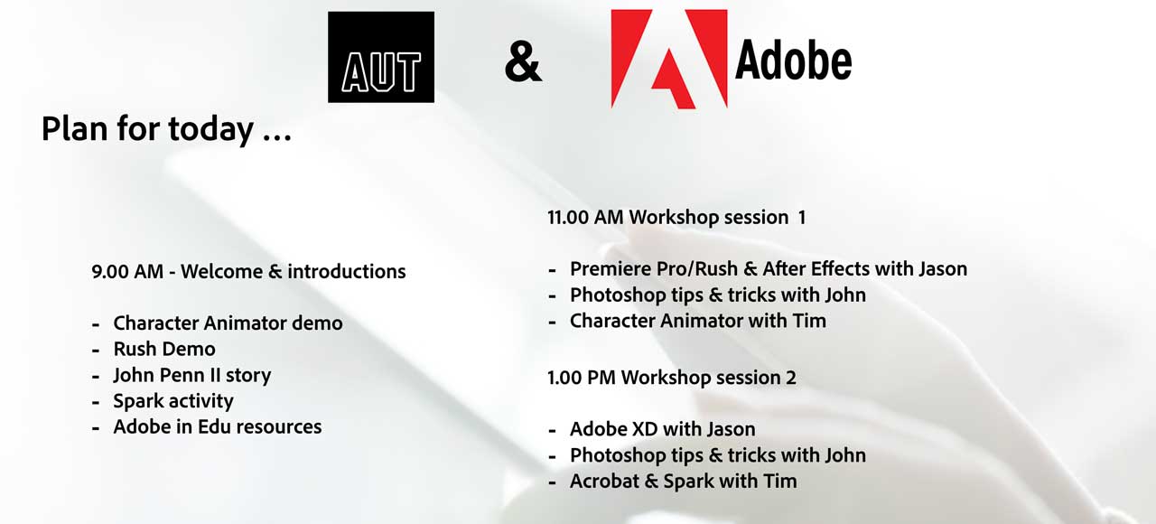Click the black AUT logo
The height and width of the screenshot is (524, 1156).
(x=381, y=57)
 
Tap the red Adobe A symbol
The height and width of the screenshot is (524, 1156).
(x=669, y=59)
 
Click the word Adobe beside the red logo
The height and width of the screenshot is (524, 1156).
(x=793, y=61)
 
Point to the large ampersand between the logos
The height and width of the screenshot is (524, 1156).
(x=523, y=62)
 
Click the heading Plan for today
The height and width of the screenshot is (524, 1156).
(x=167, y=129)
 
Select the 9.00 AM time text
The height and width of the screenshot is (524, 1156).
(x=127, y=272)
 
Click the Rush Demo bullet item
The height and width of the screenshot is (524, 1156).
(x=164, y=349)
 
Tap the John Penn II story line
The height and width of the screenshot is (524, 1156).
(x=192, y=375)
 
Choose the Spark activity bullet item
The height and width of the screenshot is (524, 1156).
(x=172, y=402)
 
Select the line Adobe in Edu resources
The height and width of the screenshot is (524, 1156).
(x=218, y=427)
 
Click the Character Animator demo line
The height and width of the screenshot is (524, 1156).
(x=228, y=323)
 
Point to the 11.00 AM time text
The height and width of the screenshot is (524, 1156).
(x=585, y=218)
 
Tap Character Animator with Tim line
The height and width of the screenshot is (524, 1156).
(x=698, y=321)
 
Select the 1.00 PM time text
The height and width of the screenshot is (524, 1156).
(x=582, y=378)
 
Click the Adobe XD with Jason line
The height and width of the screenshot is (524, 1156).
(x=662, y=429)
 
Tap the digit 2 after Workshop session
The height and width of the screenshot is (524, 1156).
(x=791, y=378)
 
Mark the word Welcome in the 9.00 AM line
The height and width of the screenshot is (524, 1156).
(x=221, y=272)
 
